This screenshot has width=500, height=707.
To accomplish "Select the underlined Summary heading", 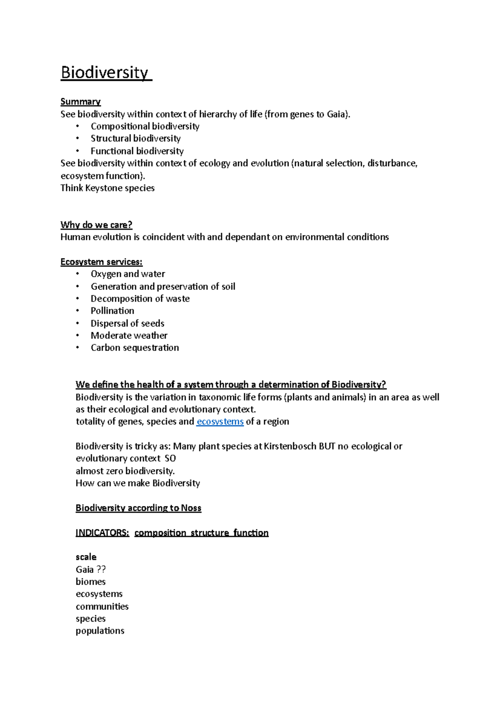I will tap(80, 102).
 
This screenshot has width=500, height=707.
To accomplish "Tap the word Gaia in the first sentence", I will tap(336, 114).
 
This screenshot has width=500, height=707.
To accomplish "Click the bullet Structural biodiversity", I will tap(135, 138).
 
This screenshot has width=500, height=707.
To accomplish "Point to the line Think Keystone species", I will tap(107, 188).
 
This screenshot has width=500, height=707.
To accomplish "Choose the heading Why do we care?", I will tap(96, 225).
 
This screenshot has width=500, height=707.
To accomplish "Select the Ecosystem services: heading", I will tap(101, 262).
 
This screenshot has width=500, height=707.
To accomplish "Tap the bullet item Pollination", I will tap(112, 311).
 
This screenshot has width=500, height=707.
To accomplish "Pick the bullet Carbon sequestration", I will tap(135, 348).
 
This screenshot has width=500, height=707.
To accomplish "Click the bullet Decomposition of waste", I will tap(140, 299).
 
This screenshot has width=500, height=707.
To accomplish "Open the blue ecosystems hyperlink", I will tap(220, 421).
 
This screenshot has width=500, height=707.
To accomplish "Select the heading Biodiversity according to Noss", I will tap(138, 508).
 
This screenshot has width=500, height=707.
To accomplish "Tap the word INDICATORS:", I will tap(102, 533).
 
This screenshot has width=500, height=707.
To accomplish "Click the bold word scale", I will tap(86, 557).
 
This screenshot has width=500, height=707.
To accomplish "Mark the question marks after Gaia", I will tap(101, 570).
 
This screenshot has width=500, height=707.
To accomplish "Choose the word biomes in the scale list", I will tap(90, 582).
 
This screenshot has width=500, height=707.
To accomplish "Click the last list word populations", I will tap(100, 631).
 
